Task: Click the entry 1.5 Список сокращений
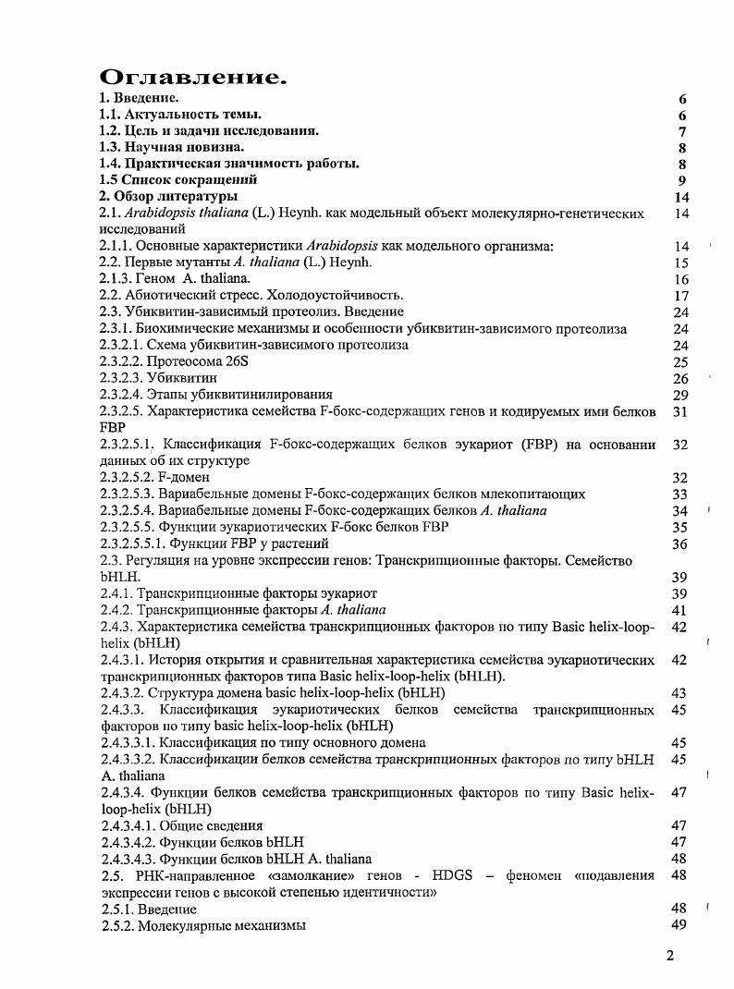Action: pos(178,180)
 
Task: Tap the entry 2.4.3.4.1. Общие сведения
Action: pos(182,825)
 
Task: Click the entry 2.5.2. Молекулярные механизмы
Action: pos(203,925)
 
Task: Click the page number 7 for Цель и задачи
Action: pos(682,131)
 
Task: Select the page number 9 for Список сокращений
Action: pos(682,180)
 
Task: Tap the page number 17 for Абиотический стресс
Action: pos(682,296)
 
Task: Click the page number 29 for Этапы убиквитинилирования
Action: pos(681,395)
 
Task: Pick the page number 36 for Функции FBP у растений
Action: pos(681,543)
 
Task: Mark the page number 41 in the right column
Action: pos(681,610)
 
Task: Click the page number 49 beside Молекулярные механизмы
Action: pos(681,925)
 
